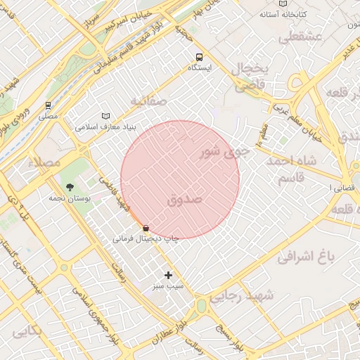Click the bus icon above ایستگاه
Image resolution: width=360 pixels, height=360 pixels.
(200, 56)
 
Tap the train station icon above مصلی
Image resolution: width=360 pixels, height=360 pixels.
(48, 105)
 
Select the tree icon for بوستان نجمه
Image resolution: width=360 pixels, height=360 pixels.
(70, 188)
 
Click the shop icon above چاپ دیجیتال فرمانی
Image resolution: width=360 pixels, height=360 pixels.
(146, 228)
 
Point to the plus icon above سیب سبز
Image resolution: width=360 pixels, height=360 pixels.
(168, 275)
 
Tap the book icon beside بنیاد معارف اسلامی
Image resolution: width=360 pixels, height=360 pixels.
(105, 116)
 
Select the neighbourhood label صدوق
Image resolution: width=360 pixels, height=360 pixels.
(185, 200)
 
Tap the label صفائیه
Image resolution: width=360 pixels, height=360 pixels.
(148, 102)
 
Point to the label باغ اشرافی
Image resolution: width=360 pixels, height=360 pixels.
(302, 257)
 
